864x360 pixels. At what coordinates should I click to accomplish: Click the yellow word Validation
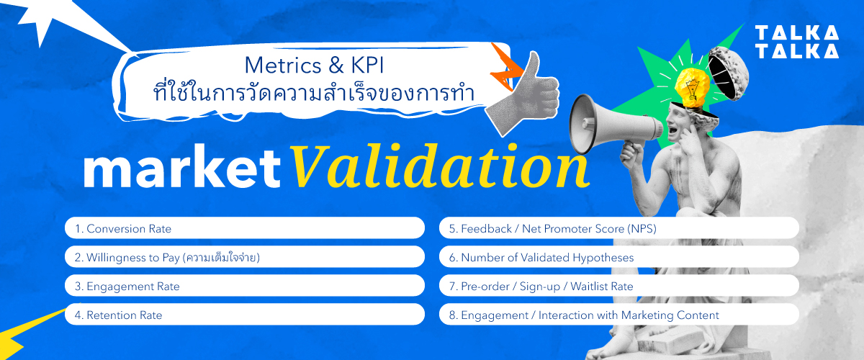(x=438, y=168)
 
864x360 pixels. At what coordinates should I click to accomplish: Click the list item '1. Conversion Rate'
(x=244, y=228)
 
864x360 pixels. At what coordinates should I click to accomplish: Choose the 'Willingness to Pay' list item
(x=244, y=257)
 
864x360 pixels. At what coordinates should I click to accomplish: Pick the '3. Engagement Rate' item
(x=244, y=286)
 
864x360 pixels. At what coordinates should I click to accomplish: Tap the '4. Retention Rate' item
(x=244, y=315)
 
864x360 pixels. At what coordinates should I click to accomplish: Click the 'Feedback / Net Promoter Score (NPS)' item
(x=618, y=228)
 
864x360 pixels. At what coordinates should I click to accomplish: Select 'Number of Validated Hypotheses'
(x=618, y=257)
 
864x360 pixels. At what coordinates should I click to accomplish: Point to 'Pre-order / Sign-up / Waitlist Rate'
(x=618, y=286)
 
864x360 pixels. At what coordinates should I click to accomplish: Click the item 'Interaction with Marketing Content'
(x=618, y=315)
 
